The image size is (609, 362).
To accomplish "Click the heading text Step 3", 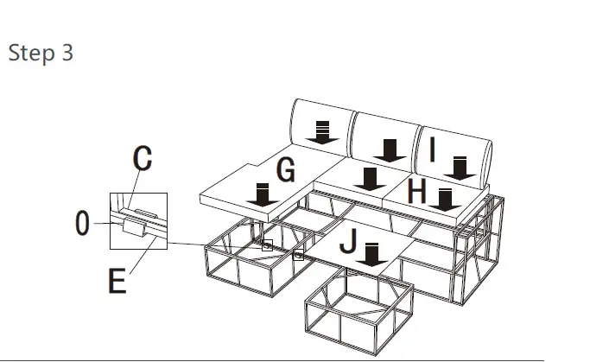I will pos(41,53).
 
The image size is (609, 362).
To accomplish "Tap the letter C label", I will pos(143,158).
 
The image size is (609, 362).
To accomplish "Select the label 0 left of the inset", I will pos(82,224).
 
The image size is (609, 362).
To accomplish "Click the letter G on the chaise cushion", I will pos(286,170).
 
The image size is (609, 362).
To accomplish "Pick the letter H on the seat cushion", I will pos(416,191).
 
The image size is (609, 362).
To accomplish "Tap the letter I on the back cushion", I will pos(433,149).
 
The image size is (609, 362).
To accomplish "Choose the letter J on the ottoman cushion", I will pos(347,243).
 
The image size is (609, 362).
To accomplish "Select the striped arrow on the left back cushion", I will pos(322,132).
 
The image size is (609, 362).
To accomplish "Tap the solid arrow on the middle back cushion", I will pos(393,150).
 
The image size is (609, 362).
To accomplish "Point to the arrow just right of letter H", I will pos(445,200).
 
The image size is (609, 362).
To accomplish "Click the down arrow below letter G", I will pos(259,194).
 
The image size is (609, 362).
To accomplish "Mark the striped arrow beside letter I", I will pos(460,167).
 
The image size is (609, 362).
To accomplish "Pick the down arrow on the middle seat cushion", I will pos(371,180).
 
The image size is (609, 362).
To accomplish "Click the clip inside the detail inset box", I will pos(135,227).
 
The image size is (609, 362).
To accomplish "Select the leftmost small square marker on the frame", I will pos(268,245).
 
